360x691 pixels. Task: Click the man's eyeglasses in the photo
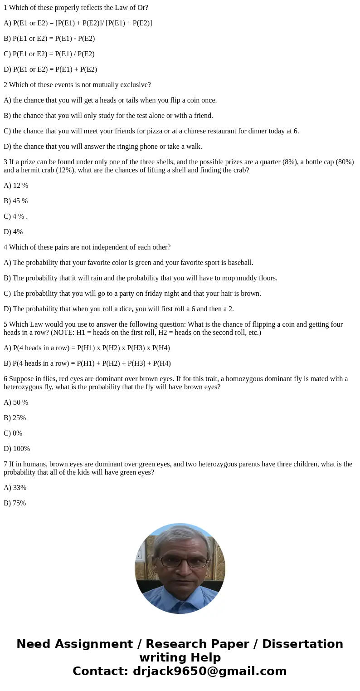pyautogui.click(x=180, y=562)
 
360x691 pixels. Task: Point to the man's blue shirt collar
pyautogui.click(x=180, y=600)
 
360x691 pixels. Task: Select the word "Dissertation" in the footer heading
pyautogui.click(x=302, y=644)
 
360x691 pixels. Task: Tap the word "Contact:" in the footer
pyautogui.click(x=100, y=671)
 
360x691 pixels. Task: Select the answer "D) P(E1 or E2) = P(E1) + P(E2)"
pyautogui.click(x=50, y=69)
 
